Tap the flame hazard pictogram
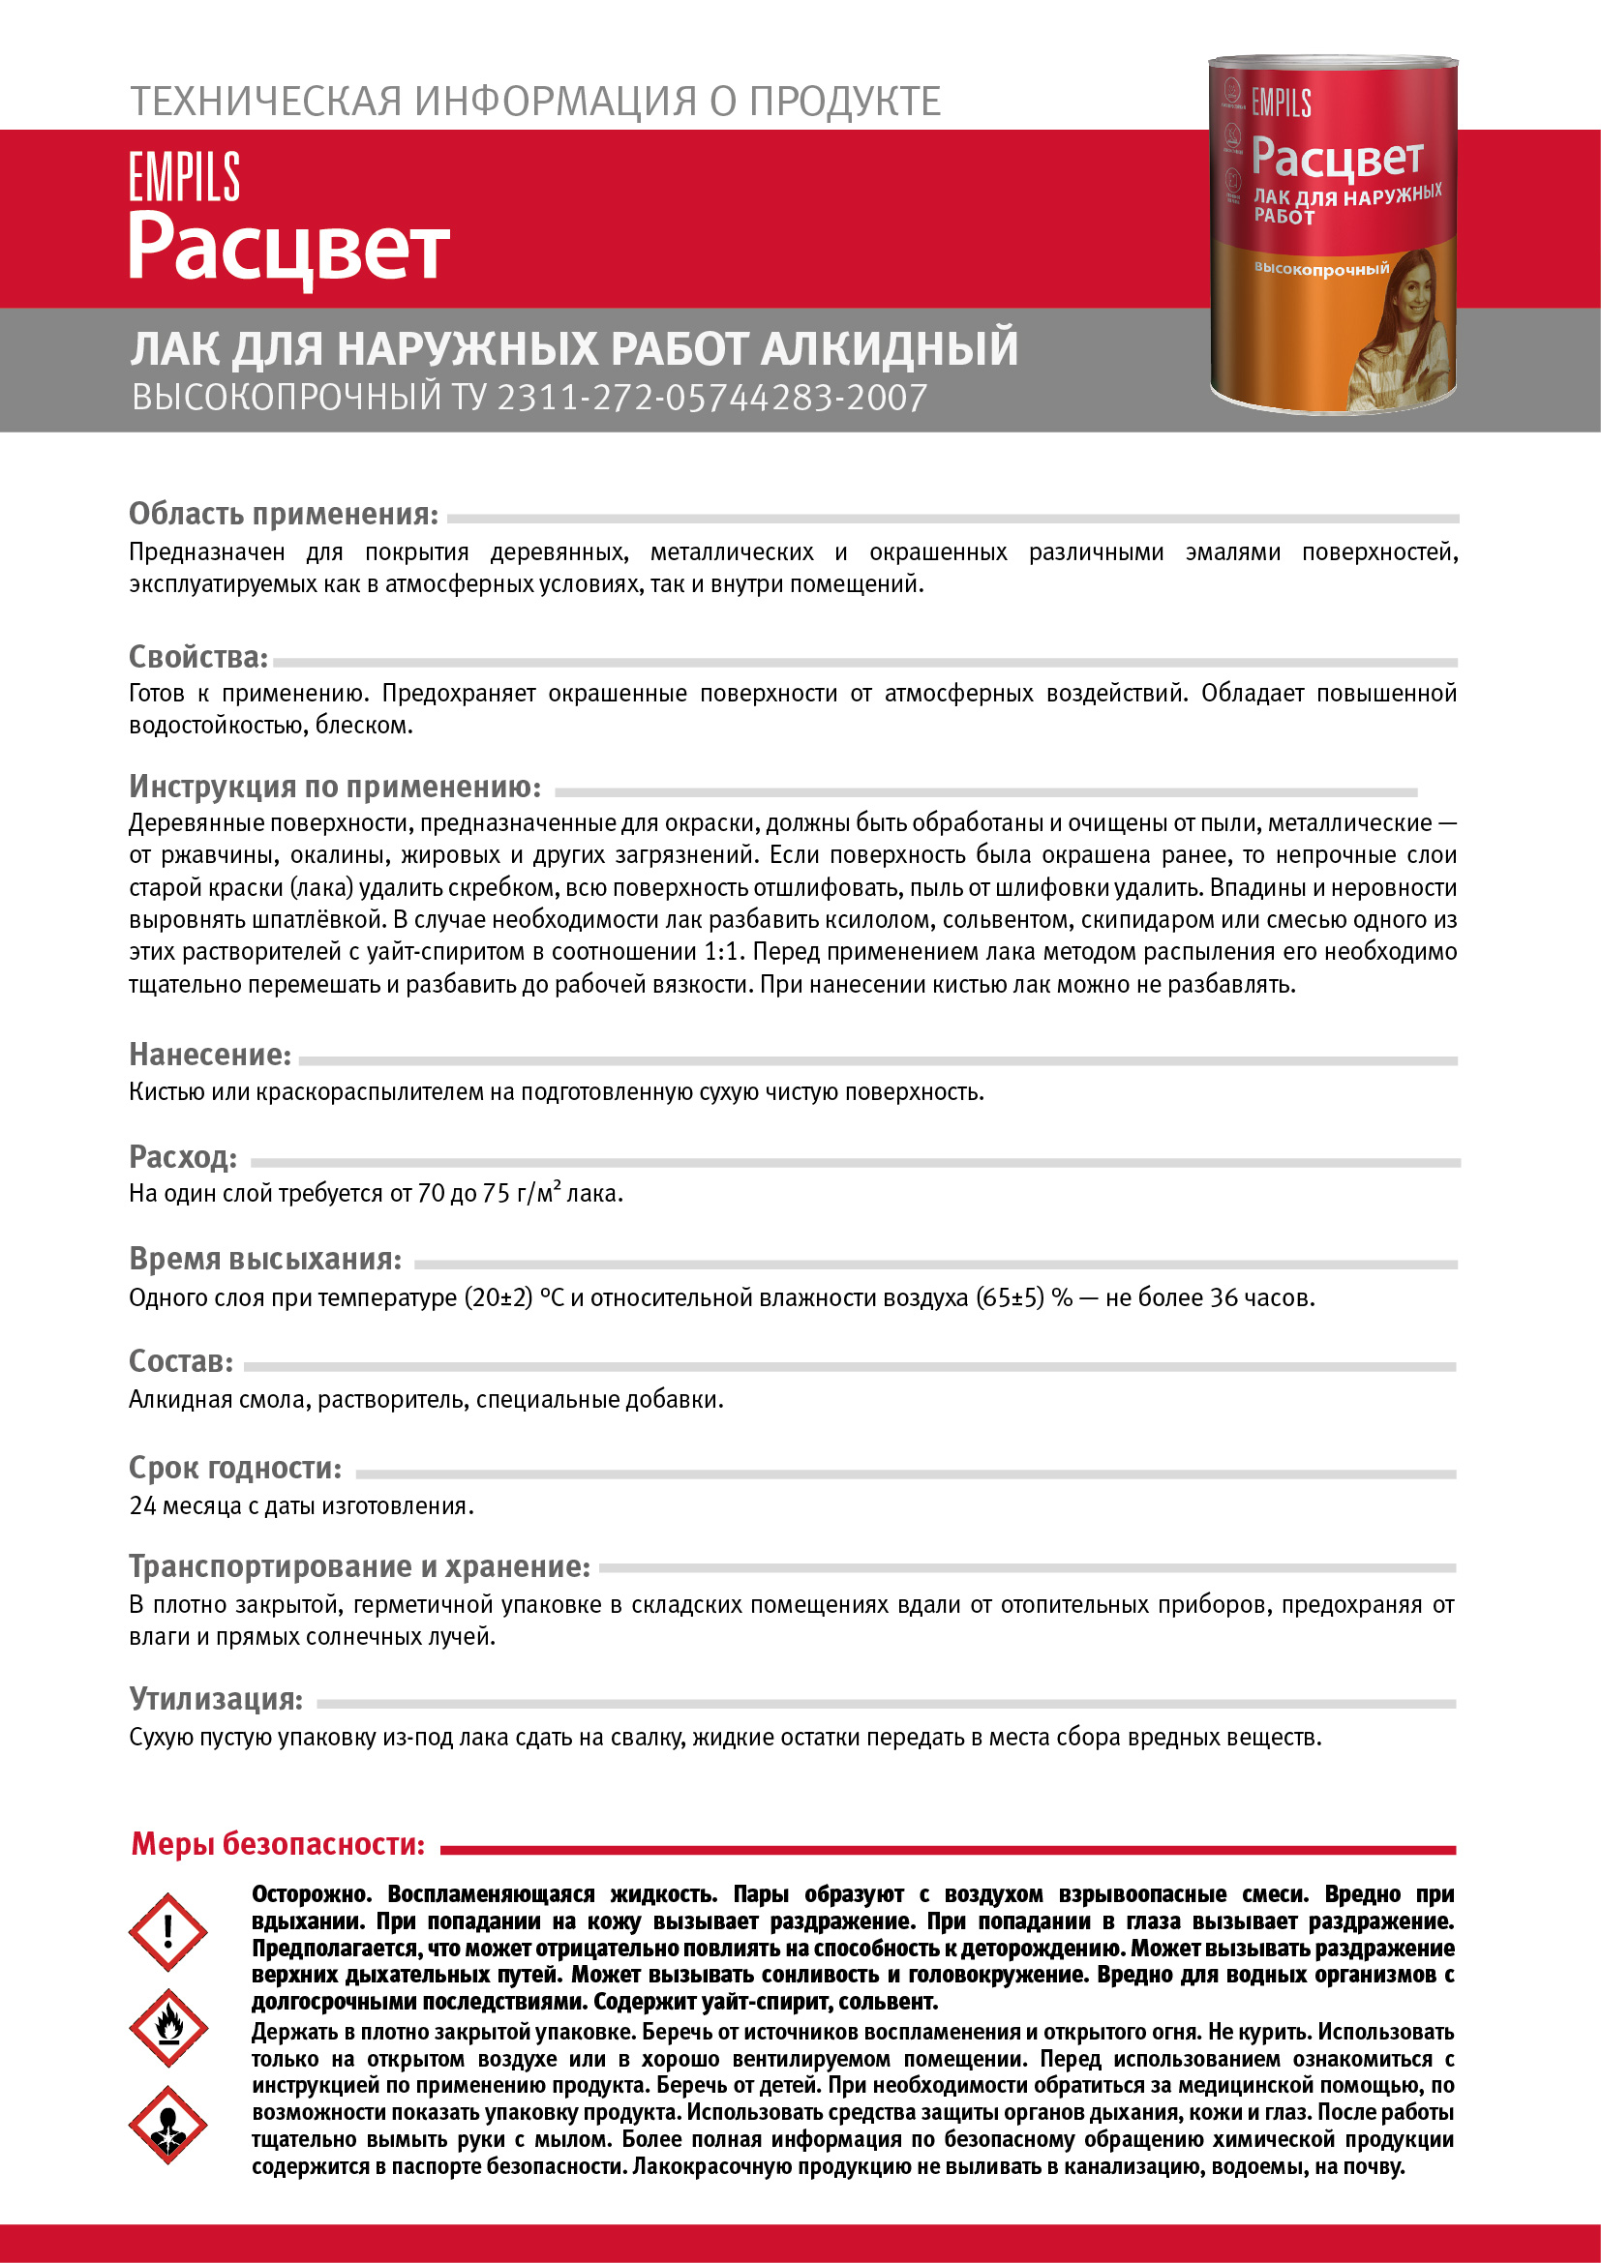click(167, 2028)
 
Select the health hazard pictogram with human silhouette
click(167, 2125)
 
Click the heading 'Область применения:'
click(284, 514)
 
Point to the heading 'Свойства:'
click(198, 656)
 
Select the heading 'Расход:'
click(183, 1156)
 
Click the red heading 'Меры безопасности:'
click(278, 1843)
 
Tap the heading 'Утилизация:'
click(216, 1698)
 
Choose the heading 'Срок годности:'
click(235, 1468)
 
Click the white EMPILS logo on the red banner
click(184, 177)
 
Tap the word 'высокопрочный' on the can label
click(1321, 269)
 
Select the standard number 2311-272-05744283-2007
click(710, 398)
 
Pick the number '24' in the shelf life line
click(143, 1506)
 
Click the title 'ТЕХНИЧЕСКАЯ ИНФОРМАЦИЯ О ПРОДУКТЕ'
click(535, 102)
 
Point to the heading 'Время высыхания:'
click(265, 1259)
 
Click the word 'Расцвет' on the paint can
click(1337, 158)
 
